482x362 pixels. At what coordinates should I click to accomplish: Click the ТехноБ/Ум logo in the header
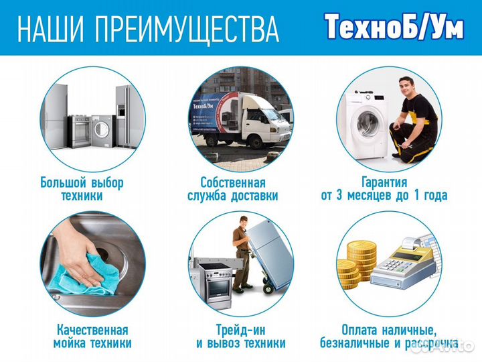(394, 27)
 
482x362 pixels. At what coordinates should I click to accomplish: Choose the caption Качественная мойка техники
(92, 337)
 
